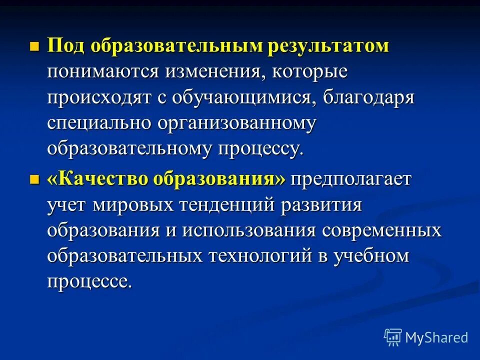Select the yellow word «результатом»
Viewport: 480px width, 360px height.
coord(328,46)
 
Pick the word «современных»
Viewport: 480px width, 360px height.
coord(382,230)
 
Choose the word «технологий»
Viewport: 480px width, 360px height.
coord(258,256)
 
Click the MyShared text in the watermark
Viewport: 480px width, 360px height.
coord(436,337)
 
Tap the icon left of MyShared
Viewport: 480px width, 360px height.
coord(393,337)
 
